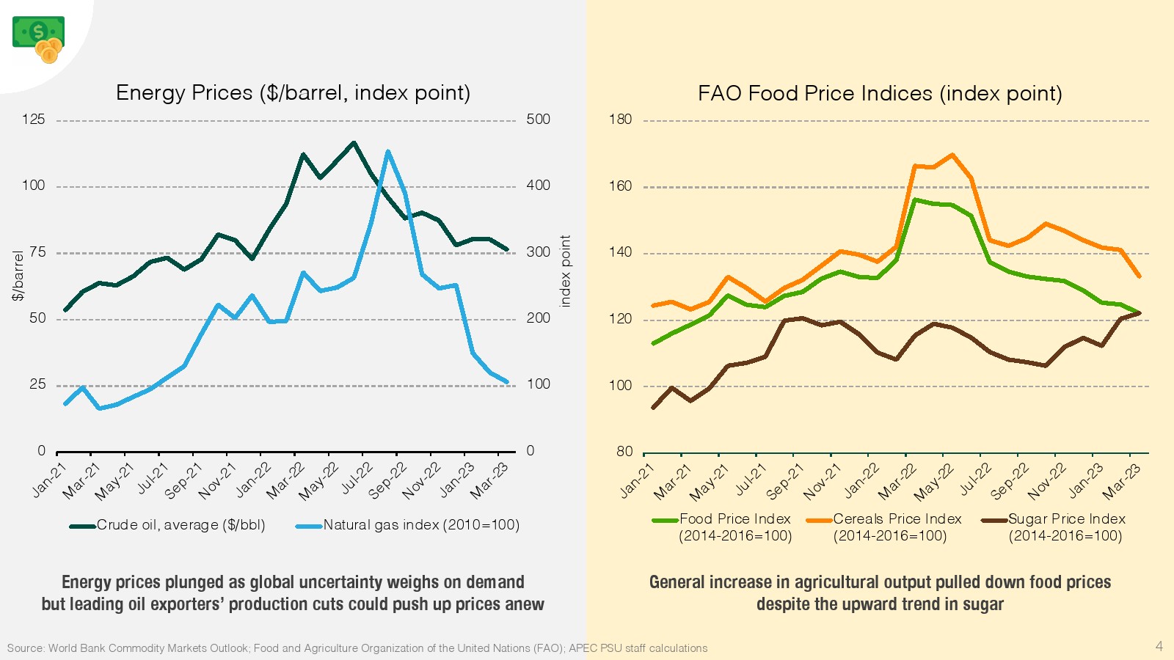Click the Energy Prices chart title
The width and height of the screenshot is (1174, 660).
pyautogui.click(x=293, y=93)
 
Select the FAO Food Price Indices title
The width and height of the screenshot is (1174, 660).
pyautogui.click(x=880, y=94)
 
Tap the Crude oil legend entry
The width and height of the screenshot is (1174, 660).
pyautogui.click(x=168, y=525)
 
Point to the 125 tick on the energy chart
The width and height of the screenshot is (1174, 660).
pyautogui.click(x=33, y=120)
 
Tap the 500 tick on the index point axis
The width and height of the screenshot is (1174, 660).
pyautogui.click(x=538, y=120)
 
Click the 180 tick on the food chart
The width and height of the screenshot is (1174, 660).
pyautogui.click(x=620, y=120)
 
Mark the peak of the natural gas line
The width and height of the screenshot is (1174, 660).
pyautogui.click(x=387, y=152)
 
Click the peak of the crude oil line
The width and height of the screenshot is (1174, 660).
pyautogui.click(x=354, y=142)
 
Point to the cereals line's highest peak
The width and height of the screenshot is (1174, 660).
pyautogui.click(x=952, y=155)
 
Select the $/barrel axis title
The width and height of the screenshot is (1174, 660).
pyautogui.click(x=18, y=276)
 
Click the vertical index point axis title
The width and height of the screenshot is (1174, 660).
pyautogui.click(x=565, y=271)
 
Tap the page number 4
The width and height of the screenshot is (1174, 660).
pyautogui.click(x=1159, y=646)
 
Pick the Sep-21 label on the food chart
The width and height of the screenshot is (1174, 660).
pyautogui.click(x=785, y=481)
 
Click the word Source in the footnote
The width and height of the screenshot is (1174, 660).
pyautogui.click(x=24, y=648)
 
